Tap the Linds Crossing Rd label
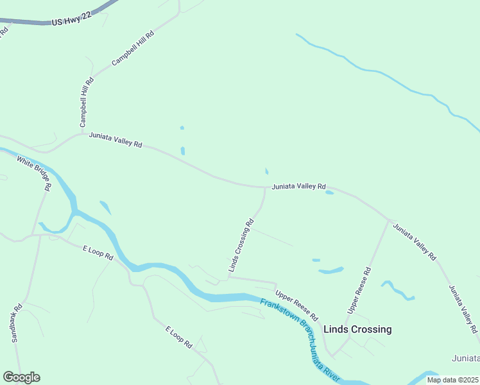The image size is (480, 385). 241,245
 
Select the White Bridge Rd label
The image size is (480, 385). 33,175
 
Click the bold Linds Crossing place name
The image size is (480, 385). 357,329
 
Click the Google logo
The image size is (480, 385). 21,377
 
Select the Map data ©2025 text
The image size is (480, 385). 452,380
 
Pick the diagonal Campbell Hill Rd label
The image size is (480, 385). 133,48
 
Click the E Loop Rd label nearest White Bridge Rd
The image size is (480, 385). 98,252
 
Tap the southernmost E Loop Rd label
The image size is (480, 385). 179,338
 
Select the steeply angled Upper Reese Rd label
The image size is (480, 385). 359,291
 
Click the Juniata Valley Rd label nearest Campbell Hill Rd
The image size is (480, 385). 116,139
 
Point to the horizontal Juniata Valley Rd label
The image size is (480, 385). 298,187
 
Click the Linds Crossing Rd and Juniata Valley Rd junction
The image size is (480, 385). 265,188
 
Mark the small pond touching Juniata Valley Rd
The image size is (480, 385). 329,192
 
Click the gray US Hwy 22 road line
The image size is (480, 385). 26,23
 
